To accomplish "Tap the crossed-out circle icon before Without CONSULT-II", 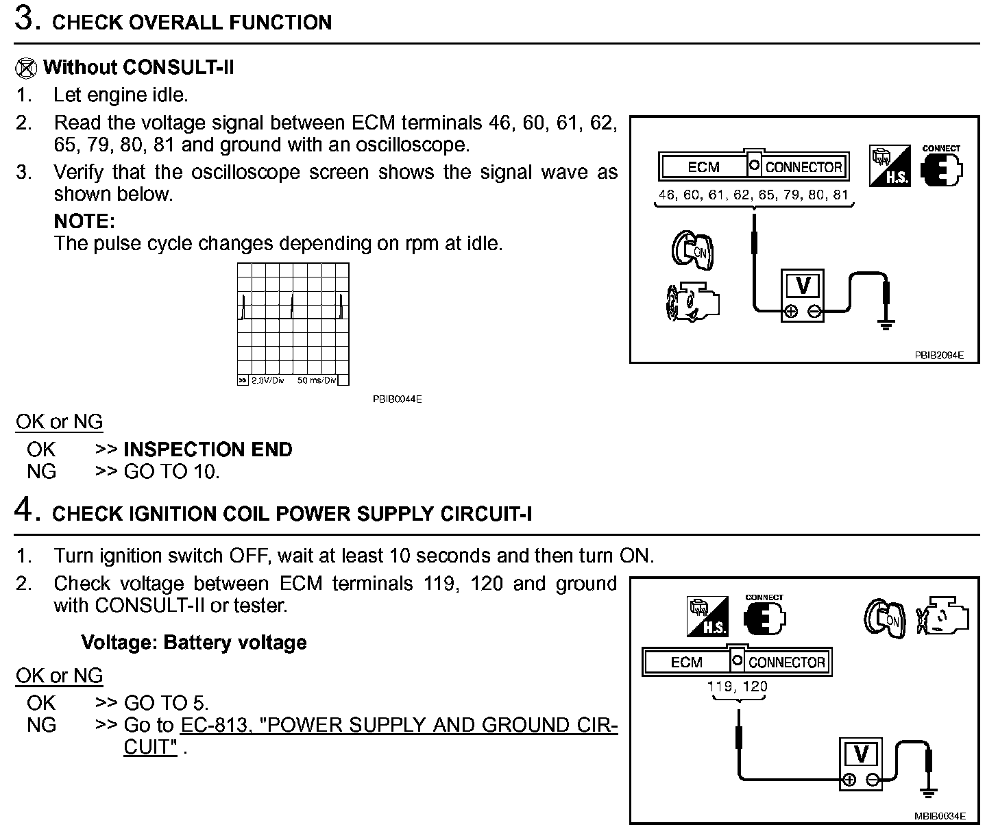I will [25, 68].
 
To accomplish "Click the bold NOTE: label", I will [84, 221].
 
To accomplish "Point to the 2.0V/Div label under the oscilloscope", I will [267, 380].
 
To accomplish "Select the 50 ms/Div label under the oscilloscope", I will [316, 380].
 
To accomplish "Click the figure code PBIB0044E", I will [398, 399].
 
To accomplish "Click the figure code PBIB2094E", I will [938, 355].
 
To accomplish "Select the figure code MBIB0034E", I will [939, 816].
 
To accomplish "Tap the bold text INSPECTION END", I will [208, 449].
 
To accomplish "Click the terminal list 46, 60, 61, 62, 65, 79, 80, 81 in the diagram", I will [753, 195].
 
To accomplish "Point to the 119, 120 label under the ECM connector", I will [738, 686].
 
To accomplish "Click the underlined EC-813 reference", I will [212, 725].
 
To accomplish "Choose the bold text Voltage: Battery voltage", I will [193, 643].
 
